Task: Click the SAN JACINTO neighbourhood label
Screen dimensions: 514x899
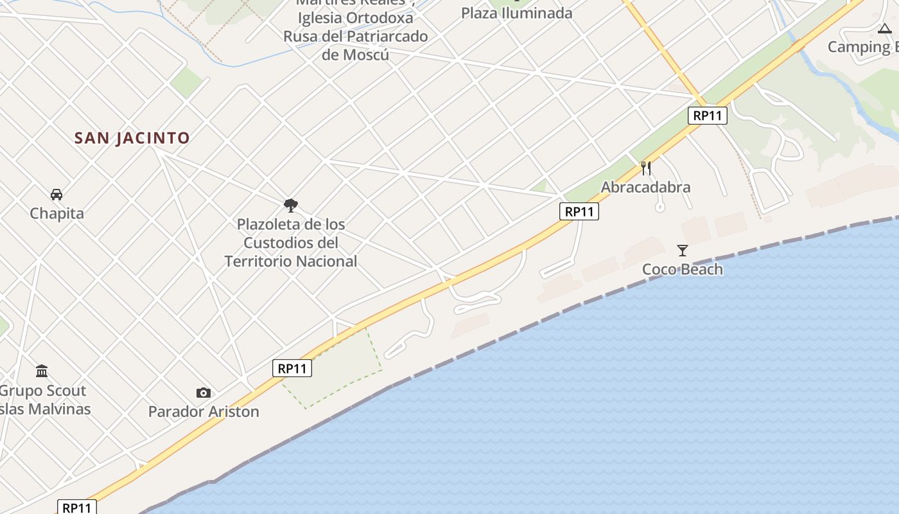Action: click(x=132, y=138)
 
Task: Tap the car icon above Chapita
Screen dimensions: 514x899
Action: click(x=57, y=194)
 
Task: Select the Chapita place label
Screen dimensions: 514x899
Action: click(x=57, y=213)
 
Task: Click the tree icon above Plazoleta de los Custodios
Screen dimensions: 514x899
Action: click(x=291, y=206)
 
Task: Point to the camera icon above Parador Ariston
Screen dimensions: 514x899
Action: click(x=204, y=393)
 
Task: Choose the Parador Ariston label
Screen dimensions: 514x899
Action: click(x=204, y=412)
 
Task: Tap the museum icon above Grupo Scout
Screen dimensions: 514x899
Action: click(x=42, y=371)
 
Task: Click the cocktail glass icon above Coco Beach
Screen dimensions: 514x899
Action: click(x=682, y=251)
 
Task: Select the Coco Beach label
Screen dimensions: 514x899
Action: click(x=683, y=269)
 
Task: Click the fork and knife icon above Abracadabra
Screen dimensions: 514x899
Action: click(x=646, y=168)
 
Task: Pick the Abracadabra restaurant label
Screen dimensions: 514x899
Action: click(x=645, y=188)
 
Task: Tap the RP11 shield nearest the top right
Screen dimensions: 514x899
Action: click(x=708, y=116)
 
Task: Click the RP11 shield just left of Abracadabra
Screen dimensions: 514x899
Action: click(x=579, y=211)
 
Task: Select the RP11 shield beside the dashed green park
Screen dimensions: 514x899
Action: click(x=292, y=368)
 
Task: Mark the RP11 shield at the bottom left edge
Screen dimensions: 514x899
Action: click(x=77, y=507)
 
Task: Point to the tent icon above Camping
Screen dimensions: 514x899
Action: click(x=885, y=28)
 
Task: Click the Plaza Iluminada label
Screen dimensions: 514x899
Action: click(x=516, y=13)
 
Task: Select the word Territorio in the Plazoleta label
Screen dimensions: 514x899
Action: click(x=261, y=261)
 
